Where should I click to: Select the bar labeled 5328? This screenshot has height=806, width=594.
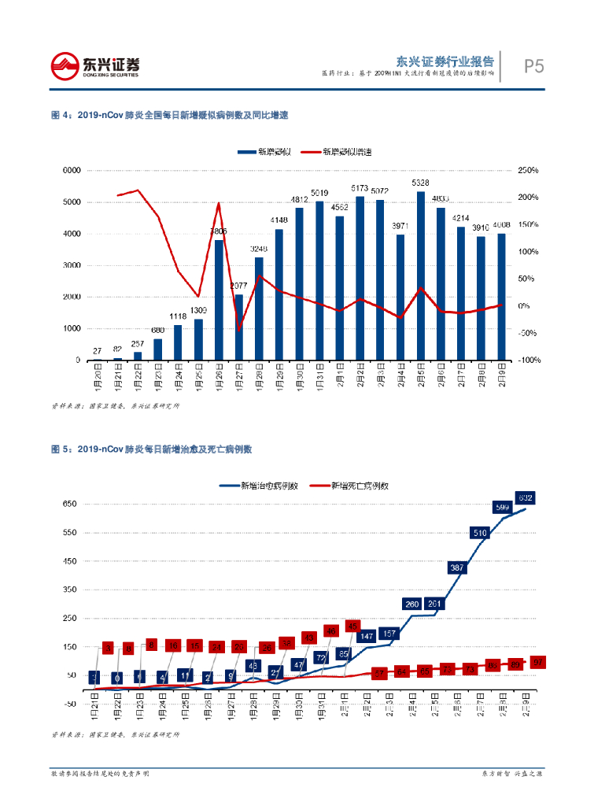421,275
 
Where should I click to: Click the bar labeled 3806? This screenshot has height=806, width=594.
219,299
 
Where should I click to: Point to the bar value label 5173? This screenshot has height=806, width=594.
360,188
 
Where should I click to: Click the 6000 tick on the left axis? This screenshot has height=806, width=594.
72,170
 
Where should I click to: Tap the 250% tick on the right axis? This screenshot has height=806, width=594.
528,170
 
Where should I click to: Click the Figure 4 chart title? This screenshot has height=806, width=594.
169,115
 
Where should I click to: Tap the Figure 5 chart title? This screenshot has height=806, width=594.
150,449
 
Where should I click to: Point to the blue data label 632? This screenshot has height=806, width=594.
526,497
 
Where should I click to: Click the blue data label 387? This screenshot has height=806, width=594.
457,568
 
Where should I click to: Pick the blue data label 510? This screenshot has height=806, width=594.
480,533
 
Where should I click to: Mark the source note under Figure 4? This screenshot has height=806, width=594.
115,406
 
